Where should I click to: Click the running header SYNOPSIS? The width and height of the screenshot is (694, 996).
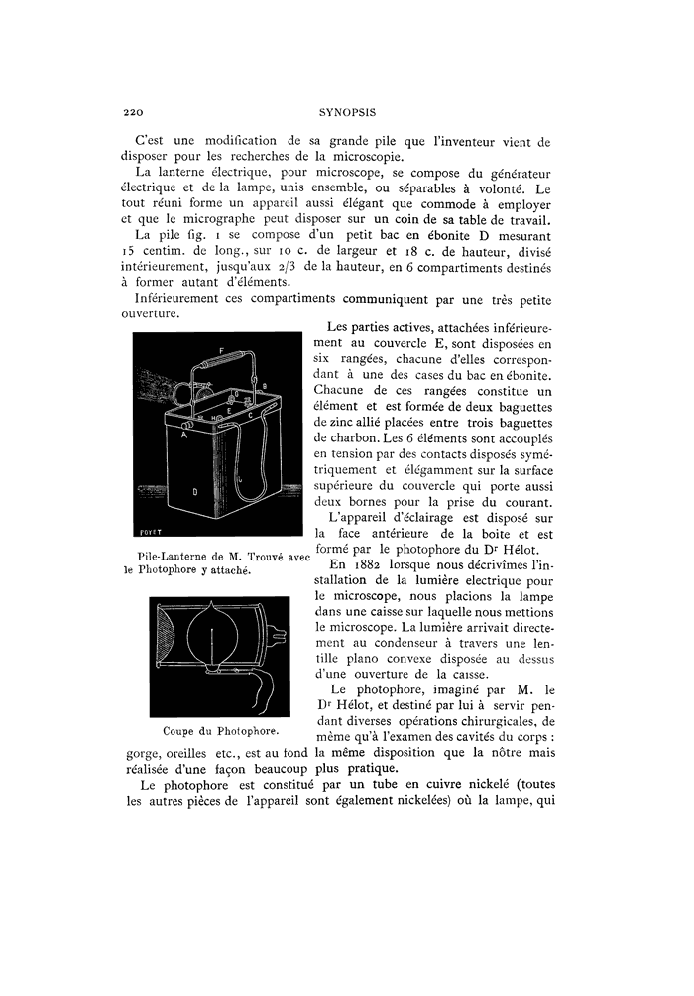tap(345, 112)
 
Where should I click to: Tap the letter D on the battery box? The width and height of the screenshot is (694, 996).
tap(195, 489)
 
